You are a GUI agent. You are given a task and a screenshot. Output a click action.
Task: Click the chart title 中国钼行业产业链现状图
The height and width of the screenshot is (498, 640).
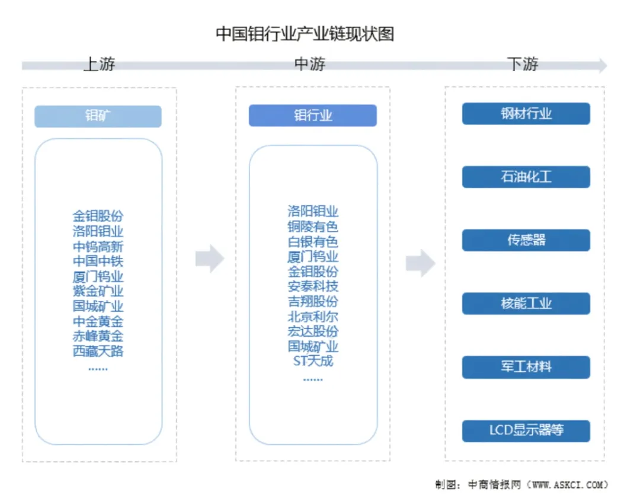305,34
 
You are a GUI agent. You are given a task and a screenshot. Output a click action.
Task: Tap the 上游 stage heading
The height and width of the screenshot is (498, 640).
99,64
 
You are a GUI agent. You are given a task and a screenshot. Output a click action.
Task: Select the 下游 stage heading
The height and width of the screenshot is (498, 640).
523,64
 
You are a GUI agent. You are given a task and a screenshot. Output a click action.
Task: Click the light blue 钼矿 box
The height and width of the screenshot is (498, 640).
98,116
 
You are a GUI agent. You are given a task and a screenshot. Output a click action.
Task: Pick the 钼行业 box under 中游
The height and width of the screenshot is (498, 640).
313,116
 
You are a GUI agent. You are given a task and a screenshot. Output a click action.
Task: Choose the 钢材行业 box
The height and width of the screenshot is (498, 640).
526,113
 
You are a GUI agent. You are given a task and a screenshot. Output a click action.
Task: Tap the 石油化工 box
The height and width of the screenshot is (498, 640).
526,177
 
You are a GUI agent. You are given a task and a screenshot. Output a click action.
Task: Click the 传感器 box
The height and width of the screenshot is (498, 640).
526,240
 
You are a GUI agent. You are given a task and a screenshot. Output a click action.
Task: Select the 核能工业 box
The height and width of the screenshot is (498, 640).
526,304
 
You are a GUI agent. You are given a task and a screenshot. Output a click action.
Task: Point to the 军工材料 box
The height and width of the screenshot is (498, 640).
526,367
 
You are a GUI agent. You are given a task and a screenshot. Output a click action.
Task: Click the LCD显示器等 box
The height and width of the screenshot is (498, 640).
526,430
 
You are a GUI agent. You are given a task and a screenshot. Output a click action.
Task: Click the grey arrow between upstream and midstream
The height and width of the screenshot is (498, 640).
210,258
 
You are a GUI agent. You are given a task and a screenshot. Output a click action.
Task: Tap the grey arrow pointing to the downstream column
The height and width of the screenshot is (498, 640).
420,263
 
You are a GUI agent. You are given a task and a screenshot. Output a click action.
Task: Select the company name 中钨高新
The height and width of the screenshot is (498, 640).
98,247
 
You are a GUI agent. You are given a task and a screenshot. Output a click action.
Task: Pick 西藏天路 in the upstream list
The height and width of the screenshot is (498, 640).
98,351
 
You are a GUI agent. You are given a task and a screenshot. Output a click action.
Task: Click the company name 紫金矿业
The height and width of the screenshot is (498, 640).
98,291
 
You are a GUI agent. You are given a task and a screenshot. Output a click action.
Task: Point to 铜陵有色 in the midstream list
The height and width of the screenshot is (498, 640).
313,226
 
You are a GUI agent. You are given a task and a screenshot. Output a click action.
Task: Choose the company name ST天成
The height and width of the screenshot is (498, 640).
313,361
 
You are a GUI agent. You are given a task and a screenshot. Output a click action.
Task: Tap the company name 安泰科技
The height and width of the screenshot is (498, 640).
313,286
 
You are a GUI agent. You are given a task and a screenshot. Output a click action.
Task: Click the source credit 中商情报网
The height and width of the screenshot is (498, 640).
494,484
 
